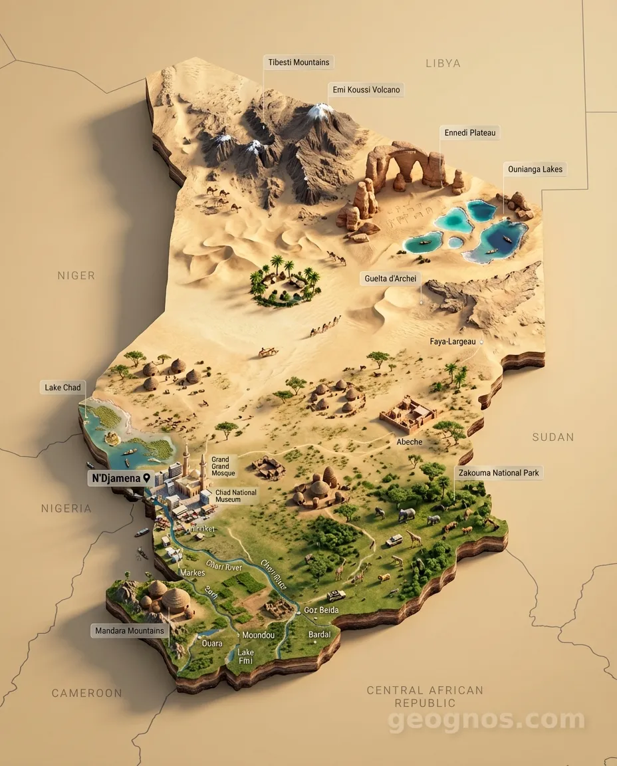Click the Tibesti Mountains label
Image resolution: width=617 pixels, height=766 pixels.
pos(299,63)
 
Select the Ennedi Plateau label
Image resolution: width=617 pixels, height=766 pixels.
pos(470,133)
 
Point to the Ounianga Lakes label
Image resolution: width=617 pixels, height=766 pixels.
pos(535,170)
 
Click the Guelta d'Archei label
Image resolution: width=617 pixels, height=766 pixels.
pos(391,279)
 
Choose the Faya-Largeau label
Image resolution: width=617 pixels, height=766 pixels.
pos(453,342)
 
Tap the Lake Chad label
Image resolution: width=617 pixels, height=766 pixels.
pos(62,388)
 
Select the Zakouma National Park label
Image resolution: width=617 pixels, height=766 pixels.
pos(498,473)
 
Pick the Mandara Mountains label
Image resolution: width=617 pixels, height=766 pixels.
pos(130,630)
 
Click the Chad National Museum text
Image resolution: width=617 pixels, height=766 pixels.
pos(235,496)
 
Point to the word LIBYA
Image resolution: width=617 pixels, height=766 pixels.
pos(443,63)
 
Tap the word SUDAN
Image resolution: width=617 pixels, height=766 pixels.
pos(553,437)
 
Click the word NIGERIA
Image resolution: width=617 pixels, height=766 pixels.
pos(66,509)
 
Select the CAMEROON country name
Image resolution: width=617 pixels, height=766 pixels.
pos(87,693)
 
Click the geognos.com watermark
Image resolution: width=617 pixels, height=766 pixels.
pos(486,719)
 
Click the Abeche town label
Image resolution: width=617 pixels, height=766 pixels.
pos(410,442)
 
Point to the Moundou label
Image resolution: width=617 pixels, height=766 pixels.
pos(258,635)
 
